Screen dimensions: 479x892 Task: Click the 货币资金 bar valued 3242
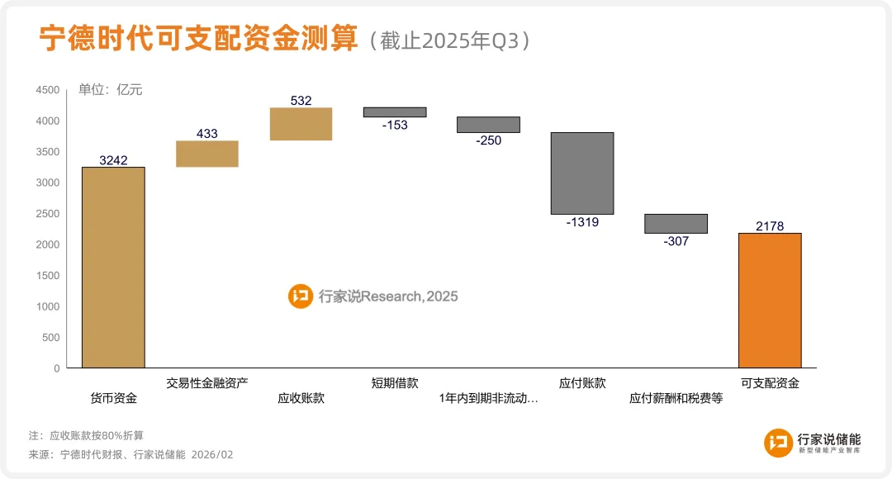click(x=113, y=268)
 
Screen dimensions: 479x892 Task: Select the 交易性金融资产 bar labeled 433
click(x=207, y=154)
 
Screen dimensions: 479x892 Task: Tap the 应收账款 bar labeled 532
click(x=301, y=125)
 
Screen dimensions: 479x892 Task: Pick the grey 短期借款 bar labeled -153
click(x=395, y=112)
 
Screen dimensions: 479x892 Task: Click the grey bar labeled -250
click(x=488, y=125)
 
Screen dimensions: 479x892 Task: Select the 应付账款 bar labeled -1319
click(x=582, y=173)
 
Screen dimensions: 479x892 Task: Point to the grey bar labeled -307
click(x=676, y=224)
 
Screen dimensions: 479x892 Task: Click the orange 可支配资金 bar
click(x=769, y=301)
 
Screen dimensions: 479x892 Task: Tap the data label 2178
click(x=769, y=225)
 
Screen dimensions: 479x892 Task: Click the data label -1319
click(x=582, y=222)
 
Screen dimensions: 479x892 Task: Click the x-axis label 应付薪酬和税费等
click(x=676, y=398)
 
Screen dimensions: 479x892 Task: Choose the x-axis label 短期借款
click(x=395, y=383)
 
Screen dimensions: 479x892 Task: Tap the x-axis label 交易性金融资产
click(x=207, y=383)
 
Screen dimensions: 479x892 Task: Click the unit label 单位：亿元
click(x=111, y=90)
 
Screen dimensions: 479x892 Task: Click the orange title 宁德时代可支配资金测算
click(x=199, y=39)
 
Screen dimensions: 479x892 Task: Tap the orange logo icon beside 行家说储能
click(x=778, y=443)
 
